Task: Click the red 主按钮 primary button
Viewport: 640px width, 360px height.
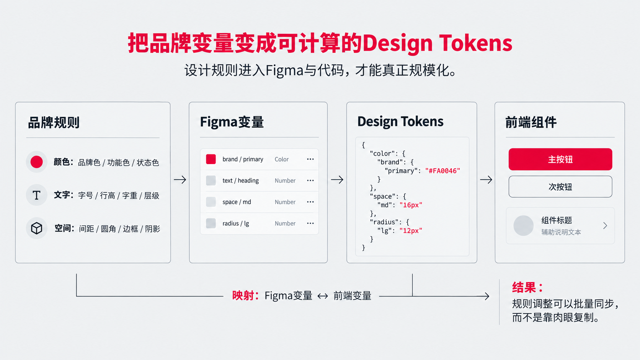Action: [x=560, y=159]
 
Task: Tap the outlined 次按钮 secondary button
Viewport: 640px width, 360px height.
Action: [x=560, y=187]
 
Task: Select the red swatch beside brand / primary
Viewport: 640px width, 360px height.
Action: [x=211, y=159]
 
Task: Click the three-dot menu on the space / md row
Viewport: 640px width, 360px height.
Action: [x=310, y=202]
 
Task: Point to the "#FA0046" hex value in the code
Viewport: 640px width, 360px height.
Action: [x=442, y=171]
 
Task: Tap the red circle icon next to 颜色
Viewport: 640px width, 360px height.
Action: [x=37, y=162]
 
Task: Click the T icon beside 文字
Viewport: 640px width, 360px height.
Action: [x=36, y=195]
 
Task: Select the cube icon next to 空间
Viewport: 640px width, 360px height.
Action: [x=37, y=228]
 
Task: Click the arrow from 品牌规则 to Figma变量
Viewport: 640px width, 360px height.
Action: [x=180, y=179]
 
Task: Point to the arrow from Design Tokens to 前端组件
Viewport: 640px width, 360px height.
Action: [x=486, y=179]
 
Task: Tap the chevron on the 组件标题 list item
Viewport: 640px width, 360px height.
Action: [x=605, y=226]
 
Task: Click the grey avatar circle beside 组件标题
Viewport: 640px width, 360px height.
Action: [x=523, y=226]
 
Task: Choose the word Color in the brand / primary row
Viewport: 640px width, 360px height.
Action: [x=281, y=159]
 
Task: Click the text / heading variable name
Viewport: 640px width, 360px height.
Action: [x=240, y=181]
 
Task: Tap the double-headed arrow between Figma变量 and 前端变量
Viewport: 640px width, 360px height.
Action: [x=323, y=296]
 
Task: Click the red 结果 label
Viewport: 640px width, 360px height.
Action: [x=524, y=287]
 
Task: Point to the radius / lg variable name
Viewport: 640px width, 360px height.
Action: [x=236, y=223]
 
